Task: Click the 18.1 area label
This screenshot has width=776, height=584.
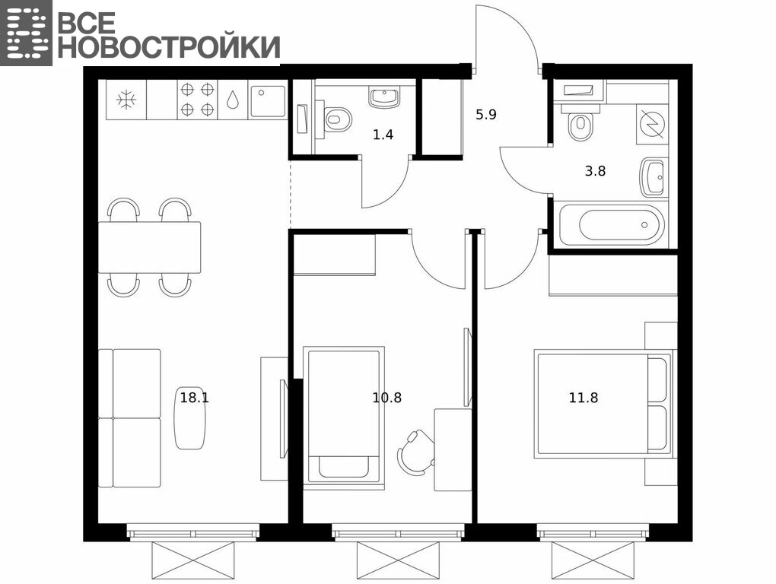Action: point(195,398)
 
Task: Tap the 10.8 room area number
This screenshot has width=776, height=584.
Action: point(387,398)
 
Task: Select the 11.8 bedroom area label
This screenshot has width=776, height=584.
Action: point(584,398)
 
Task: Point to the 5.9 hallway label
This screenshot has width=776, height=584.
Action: point(486,116)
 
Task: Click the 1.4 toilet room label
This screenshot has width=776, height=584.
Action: point(383,135)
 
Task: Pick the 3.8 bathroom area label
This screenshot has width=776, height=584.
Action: point(596,172)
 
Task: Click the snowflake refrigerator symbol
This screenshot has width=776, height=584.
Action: point(127,100)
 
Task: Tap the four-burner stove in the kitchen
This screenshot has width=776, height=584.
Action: point(197,100)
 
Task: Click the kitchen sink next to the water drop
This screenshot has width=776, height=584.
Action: point(268,102)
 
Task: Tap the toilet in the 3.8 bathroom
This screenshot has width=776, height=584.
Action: point(580,125)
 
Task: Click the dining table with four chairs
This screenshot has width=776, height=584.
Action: point(149,247)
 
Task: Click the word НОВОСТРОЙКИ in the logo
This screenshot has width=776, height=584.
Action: point(169,47)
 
